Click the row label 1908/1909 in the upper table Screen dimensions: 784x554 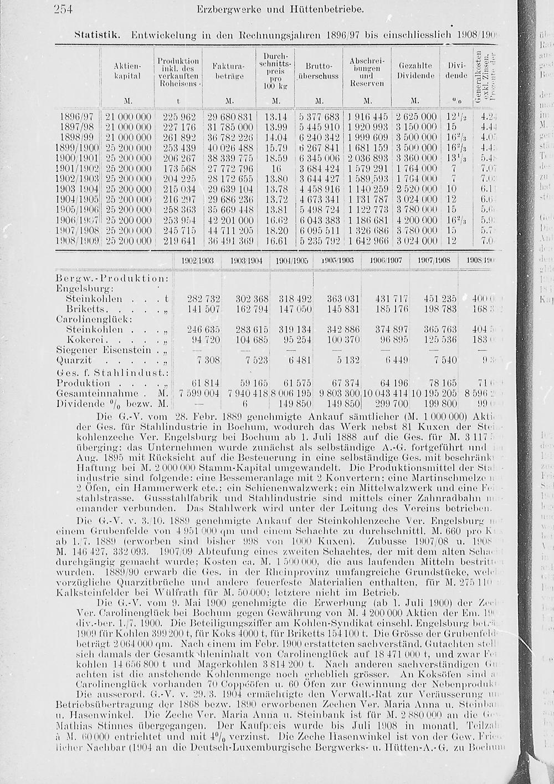[78, 241]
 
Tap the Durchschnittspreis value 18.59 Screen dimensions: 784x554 [276, 158]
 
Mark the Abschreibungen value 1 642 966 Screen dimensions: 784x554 [367, 241]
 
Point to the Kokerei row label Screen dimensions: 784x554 [85, 339]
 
